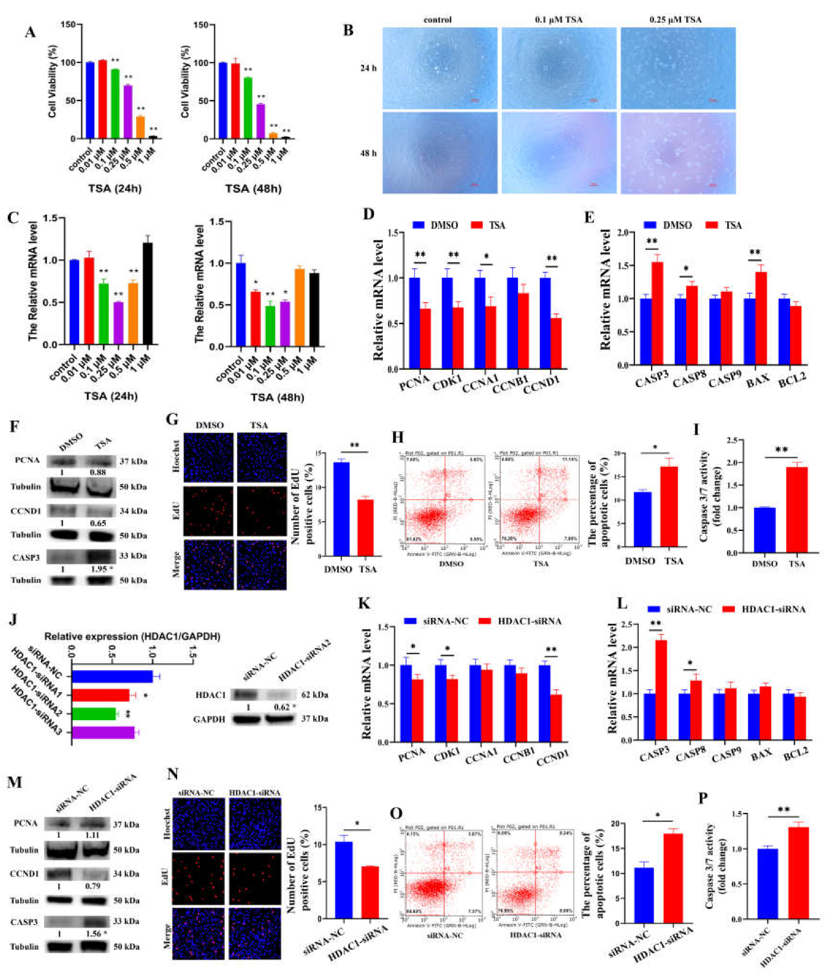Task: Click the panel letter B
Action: (x=348, y=30)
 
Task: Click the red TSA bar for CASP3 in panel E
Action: (x=657, y=313)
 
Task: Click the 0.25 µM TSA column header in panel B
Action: (x=676, y=20)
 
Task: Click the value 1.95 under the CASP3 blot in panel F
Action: (x=98, y=569)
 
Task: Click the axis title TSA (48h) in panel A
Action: (x=253, y=189)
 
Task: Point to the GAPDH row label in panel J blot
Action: (x=209, y=720)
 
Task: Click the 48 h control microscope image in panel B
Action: (x=439, y=153)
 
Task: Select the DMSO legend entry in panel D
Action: (x=436, y=225)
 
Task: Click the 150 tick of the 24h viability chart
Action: (x=68, y=24)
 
